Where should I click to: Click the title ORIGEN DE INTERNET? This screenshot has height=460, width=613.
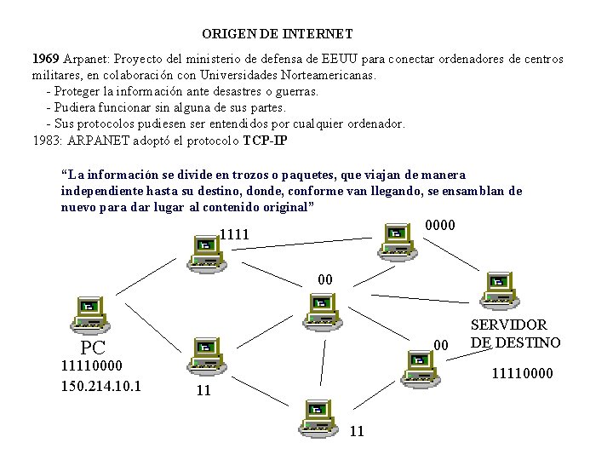click(278, 34)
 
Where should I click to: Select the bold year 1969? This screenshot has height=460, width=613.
click(45, 59)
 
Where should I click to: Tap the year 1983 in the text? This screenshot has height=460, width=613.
click(46, 140)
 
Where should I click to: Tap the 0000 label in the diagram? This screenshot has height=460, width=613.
click(439, 226)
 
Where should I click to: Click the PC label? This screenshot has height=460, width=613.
click(93, 348)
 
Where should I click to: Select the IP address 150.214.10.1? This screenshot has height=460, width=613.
click(100, 386)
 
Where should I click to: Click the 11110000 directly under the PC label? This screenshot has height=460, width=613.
click(92, 365)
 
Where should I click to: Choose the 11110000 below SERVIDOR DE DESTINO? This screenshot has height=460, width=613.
click(523, 373)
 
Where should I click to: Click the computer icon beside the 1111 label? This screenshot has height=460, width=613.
click(204, 252)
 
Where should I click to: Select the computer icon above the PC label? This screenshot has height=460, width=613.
click(89, 313)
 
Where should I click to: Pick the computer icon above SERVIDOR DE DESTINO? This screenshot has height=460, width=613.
click(498, 289)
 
